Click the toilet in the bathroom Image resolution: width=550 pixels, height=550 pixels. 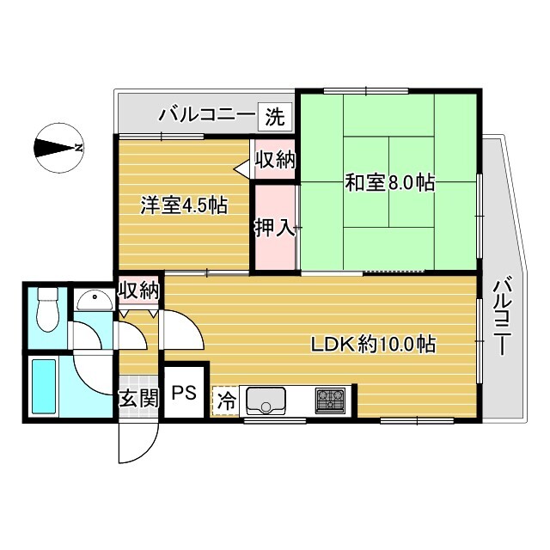(x=47, y=309)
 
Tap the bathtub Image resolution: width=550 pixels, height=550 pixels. (x=44, y=386)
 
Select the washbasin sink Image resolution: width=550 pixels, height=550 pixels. (x=95, y=301)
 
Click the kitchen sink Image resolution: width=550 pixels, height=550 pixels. (x=266, y=401)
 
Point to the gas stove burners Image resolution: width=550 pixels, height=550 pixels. (x=329, y=400)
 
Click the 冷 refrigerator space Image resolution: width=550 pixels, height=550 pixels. (x=225, y=401)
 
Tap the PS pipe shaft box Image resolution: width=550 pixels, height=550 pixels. (x=184, y=392)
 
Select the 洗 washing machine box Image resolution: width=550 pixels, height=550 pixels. (x=275, y=117)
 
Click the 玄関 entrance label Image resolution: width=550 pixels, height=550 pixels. (x=139, y=398)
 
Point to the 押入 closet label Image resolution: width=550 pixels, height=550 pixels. (x=274, y=228)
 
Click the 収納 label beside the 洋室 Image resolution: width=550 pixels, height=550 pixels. (x=275, y=161)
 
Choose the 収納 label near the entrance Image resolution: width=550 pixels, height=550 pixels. (x=139, y=290)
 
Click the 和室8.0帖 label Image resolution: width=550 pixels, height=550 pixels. (x=390, y=183)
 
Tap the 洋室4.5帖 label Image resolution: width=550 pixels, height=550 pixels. (x=184, y=205)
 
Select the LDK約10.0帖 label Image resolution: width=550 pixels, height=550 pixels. (x=374, y=344)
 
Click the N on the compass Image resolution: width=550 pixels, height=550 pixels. (x=80, y=148)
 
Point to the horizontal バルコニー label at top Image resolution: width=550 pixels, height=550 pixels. (x=206, y=114)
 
